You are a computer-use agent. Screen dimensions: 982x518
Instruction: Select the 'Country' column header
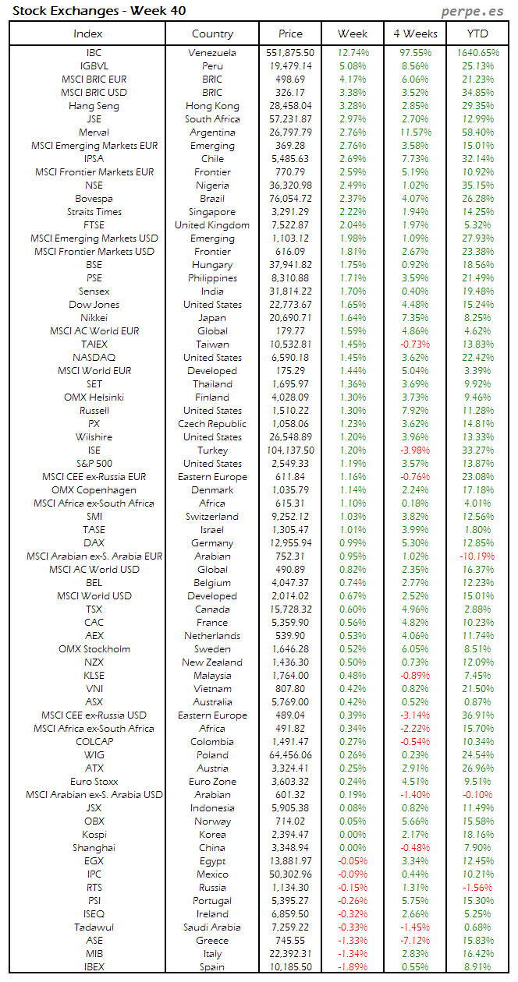point(212,34)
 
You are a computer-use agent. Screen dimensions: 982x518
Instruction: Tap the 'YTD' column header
point(477,34)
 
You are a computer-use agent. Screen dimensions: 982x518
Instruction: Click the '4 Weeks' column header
point(415,34)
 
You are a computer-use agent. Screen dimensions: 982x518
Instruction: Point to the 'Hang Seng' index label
point(94,106)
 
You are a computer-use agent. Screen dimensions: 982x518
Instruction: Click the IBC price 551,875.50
point(290,53)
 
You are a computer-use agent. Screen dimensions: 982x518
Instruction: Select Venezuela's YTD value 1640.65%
point(477,53)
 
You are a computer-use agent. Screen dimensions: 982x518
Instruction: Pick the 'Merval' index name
point(94,132)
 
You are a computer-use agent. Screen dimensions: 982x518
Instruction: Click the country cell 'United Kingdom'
point(212,225)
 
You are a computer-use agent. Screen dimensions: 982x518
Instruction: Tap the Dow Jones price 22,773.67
point(290,305)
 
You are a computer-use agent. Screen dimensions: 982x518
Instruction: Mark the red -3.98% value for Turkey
point(415,450)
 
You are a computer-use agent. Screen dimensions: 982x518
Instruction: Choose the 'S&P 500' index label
point(94,464)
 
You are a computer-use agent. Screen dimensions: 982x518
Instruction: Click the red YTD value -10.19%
point(477,556)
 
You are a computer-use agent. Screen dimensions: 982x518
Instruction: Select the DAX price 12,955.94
point(290,543)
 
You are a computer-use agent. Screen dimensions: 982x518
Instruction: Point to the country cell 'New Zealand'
point(212,662)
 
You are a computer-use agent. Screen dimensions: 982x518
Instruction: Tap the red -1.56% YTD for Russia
point(477,888)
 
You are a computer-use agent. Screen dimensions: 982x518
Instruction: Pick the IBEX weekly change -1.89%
point(353,967)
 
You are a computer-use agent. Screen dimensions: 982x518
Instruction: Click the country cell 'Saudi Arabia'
point(212,927)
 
